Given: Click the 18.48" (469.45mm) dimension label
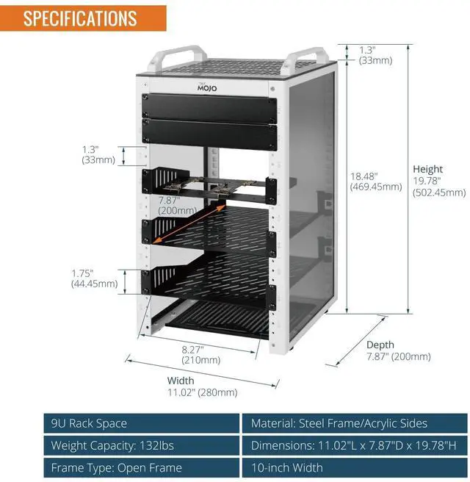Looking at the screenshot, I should (x=375, y=181).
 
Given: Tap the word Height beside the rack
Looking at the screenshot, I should (x=427, y=169).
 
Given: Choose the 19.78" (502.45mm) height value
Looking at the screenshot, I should (x=439, y=187).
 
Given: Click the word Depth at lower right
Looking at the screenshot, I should (x=380, y=345).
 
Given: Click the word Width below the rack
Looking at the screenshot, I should (x=181, y=381).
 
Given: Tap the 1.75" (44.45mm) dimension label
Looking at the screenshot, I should (x=94, y=277).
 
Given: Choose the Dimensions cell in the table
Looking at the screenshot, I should (x=355, y=445).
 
